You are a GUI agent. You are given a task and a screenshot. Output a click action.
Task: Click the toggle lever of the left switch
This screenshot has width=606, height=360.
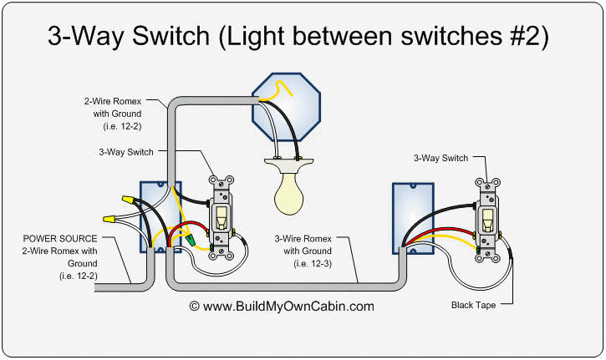(222, 219)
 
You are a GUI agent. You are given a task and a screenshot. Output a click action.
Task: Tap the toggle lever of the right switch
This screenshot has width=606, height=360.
(487, 220)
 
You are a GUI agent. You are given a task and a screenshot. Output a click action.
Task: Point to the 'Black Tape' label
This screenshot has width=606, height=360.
(473, 306)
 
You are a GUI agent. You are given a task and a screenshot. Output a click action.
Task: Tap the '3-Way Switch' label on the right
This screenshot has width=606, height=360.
(440, 157)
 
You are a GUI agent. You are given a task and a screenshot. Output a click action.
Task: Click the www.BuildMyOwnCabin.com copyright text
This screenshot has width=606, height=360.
(282, 307)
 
